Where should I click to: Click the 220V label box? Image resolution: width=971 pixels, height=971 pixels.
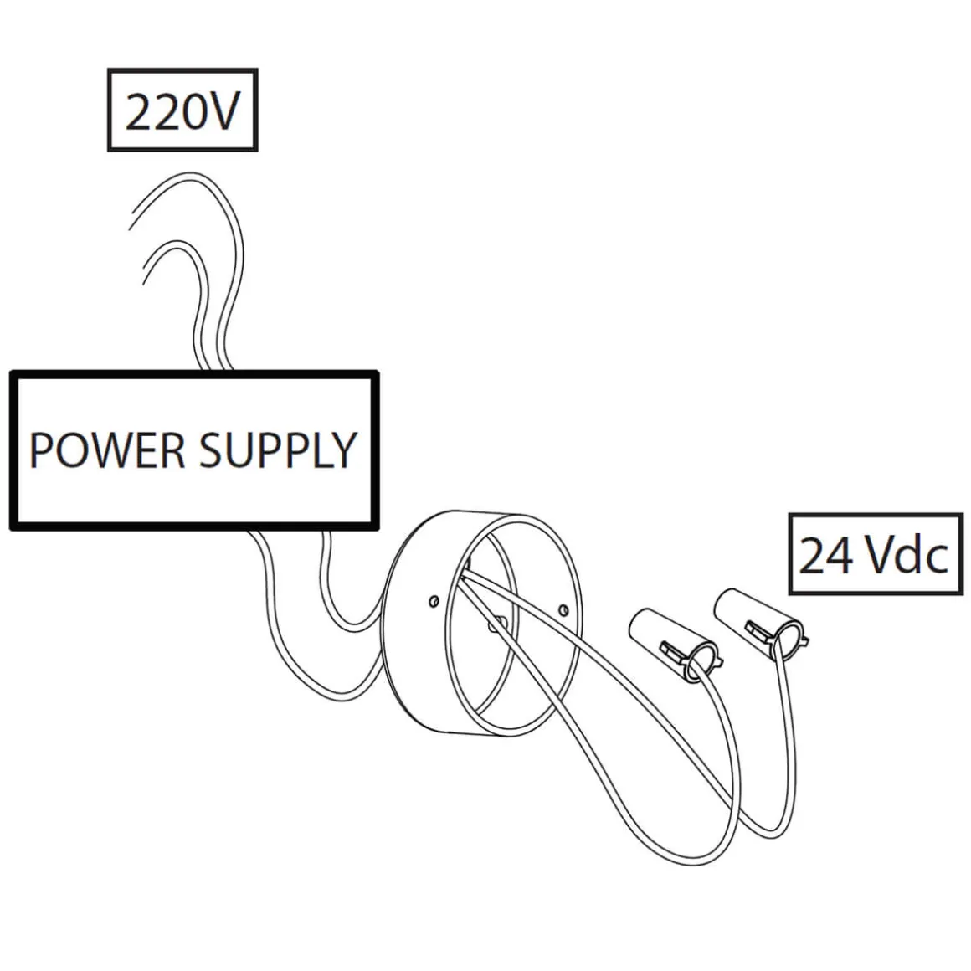[x=182, y=110]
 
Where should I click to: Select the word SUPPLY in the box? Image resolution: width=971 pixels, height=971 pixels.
[x=277, y=450]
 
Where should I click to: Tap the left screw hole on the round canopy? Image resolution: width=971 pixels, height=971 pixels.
[x=432, y=600]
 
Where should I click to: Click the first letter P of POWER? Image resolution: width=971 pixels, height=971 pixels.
[x=41, y=450]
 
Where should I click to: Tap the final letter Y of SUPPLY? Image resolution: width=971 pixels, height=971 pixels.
[x=342, y=450]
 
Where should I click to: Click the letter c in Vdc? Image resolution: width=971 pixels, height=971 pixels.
[x=936, y=558]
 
